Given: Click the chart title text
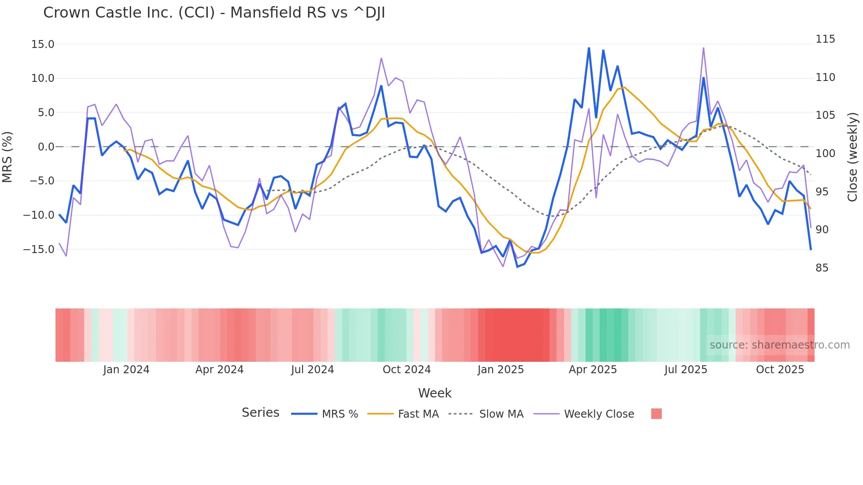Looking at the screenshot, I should [x=214, y=13].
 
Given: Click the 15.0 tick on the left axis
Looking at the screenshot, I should [x=43, y=44].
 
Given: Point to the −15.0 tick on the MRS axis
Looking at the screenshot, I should [x=39, y=250].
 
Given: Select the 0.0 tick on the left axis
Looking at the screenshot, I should [x=46, y=147].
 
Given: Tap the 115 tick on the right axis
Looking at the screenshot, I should [x=825, y=39].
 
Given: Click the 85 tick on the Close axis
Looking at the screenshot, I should [x=822, y=268].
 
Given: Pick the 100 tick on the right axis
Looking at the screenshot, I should [x=825, y=154].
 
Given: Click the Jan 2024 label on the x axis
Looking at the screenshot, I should [x=126, y=370].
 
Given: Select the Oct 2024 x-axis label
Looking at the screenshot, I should [x=406, y=370].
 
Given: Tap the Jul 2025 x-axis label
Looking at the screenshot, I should [x=686, y=370].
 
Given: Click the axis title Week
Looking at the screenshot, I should [x=435, y=393].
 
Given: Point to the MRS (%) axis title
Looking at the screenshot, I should [x=7, y=157].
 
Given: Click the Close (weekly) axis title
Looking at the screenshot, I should [x=853, y=157].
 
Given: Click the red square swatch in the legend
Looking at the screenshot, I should [x=656, y=414].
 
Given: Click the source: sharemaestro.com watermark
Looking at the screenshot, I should [x=779, y=345].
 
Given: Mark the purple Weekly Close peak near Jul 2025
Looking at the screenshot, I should [x=703, y=48].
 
